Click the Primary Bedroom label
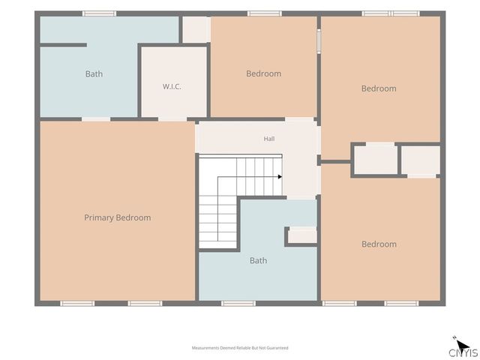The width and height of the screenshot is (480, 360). (x=118, y=217)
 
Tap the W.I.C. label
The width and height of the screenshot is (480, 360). (x=172, y=87)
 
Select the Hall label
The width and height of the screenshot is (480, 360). (x=269, y=139)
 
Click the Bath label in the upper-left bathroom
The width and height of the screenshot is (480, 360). (x=94, y=73)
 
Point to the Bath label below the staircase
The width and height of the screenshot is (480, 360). (x=258, y=260)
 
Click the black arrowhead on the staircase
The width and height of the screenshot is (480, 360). (x=280, y=177)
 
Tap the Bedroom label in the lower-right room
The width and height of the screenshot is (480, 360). (x=379, y=244)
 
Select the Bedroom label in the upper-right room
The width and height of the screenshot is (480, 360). (x=379, y=88)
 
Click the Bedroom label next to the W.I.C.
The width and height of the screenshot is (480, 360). (x=263, y=73)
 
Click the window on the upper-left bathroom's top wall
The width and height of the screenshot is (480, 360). (x=100, y=13)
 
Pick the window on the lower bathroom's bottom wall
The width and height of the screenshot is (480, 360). (x=238, y=303)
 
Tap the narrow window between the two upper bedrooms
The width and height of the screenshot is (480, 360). (x=319, y=41)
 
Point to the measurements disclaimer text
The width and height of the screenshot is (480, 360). (x=240, y=348)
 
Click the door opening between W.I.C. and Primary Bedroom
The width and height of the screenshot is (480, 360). (x=172, y=119)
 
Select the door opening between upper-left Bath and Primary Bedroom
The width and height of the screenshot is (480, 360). (x=96, y=119)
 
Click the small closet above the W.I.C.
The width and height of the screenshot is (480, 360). (x=196, y=29)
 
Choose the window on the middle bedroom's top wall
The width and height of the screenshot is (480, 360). (x=265, y=13)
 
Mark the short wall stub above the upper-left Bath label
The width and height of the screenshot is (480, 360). (x=63, y=45)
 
